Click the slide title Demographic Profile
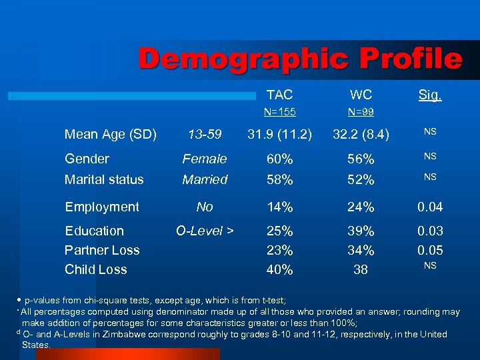pos(300,59)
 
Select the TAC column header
pos(279,95)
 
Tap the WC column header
pos(361,95)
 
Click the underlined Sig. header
pos(429,95)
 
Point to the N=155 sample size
pos(279,112)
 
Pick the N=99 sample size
pos(361,112)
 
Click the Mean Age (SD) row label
pos(111,135)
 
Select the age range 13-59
pos(205,135)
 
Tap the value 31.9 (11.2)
pos(279,135)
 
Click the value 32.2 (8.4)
pos(361,135)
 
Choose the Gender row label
pos(87,159)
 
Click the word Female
pos(205,159)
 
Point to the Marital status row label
pos(104,179)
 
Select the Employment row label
pos(102,207)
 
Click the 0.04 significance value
pos(430,207)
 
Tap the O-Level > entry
pos(205,231)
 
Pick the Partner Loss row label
pos(102,250)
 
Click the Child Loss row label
pos(96,269)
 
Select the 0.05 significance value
pos(430,250)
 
